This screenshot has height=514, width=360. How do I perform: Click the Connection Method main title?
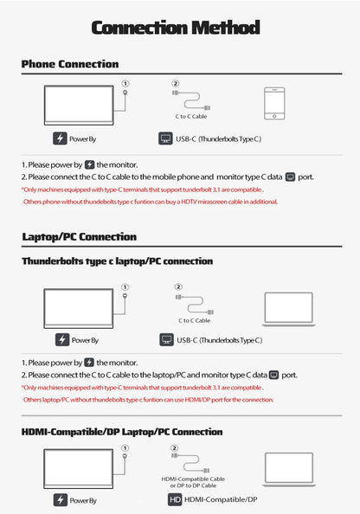[176, 28]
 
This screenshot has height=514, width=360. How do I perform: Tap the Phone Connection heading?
[70, 64]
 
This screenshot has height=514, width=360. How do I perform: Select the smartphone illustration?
[274, 104]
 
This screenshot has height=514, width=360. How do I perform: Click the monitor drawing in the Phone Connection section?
[79, 106]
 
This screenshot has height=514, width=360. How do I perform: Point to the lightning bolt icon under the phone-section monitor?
[60, 138]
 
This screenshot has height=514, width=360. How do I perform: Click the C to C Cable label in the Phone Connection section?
[191, 116]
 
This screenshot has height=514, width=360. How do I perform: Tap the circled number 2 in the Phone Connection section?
[176, 84]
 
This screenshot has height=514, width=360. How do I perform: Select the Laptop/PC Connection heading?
[80, 237]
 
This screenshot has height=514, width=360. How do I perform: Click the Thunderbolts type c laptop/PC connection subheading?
[118, 261]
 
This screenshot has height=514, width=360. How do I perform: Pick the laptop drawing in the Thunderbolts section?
[288, 310]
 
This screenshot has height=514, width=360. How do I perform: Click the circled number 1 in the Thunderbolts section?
[125, 287]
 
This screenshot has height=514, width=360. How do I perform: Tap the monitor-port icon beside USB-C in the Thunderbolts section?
[166, 340]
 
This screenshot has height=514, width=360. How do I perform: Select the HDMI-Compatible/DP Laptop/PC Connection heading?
[122, 432]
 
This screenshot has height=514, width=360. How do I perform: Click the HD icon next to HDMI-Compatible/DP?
[175, 499]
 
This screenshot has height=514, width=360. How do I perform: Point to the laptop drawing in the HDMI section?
[289, 470]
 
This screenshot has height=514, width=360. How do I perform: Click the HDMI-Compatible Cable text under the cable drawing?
[193, 479]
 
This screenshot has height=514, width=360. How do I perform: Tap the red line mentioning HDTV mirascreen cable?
[151, 202]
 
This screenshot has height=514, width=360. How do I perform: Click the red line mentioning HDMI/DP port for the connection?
[148, 400]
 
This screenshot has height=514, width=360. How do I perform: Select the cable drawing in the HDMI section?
[190, 463]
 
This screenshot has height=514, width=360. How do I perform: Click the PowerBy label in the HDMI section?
[83, 500]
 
